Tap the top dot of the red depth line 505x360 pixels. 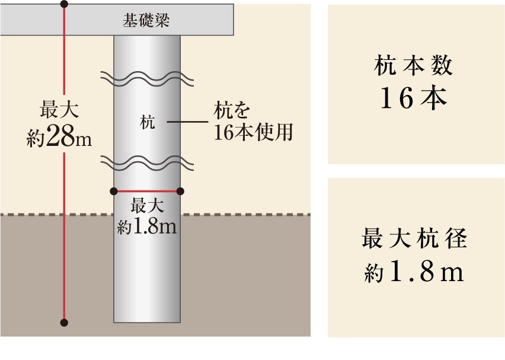(64, 4)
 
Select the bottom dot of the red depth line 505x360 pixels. (64, 323)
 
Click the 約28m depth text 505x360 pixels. (59, 138)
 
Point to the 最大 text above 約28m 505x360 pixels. (59, 111)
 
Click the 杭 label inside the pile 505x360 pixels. (147, 123)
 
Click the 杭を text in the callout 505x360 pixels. (232, 111)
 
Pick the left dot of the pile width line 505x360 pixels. (114, 191)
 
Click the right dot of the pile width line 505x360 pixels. (181, 191)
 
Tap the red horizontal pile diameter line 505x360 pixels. (147, 191)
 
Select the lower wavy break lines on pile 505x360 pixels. (147, 161)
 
